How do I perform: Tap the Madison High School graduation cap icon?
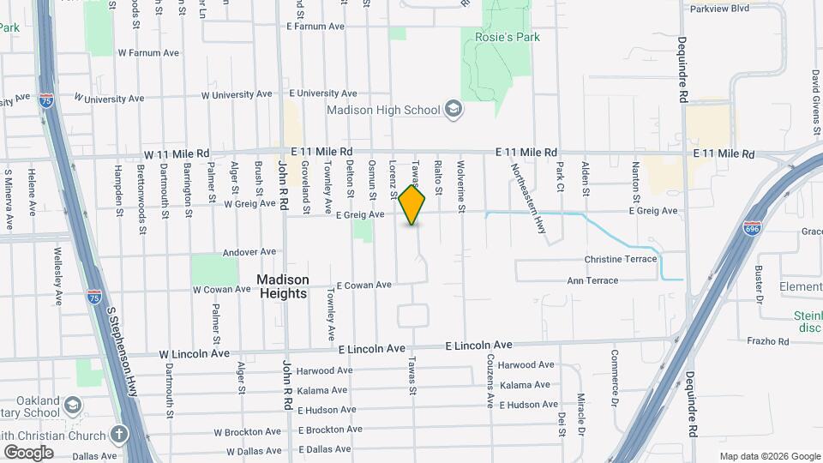pyautogui.click(x=454, y=110)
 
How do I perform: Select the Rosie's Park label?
pyautogui.click(x=502, y=37)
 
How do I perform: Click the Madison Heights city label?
pyautogui.click(x=283, y=286)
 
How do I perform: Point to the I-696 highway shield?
pyautogui.click(x=752, y=229)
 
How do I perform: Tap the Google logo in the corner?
pyautogui.click(x=28, y=452)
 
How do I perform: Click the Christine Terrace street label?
pyautogui.click(x=620, y=259)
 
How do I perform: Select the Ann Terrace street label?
pyautogui.click(x=592, y=280)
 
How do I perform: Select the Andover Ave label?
pyautogui.click(x=249, y=252)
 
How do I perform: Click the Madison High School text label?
pyautogui.click(x=383, y=110)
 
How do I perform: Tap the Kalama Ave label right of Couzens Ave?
pyautogui.click(x=525, y=386)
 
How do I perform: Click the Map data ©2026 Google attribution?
pyautogui.click(x=768, y=456)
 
